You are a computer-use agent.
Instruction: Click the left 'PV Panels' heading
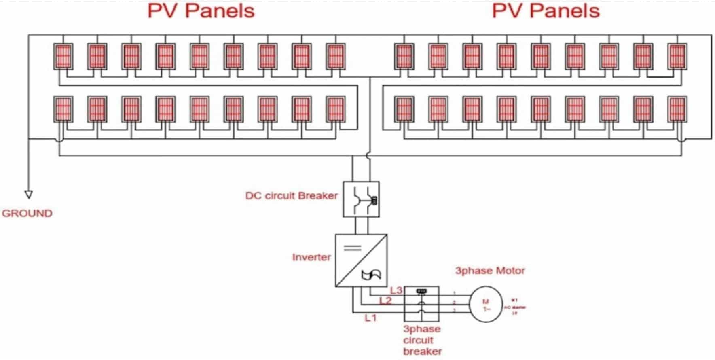click(201, 11)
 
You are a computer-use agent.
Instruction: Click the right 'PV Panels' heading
click(546, 11)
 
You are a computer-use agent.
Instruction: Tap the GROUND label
click(27, 213)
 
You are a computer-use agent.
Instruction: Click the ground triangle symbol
click(28, 195)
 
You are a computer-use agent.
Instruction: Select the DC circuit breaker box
click(361, 199)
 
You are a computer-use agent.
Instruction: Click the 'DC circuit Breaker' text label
click(291, 196)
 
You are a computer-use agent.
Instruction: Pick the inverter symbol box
click(361, 260)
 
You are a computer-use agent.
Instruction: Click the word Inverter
click(311, 257)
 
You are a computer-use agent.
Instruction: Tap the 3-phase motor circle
click(486, 304)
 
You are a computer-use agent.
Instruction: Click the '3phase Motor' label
click(490, 271)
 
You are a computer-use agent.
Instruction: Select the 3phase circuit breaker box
click(422, 304)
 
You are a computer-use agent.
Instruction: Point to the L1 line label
click(370, 318)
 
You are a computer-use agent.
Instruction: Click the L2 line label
click(385, 301)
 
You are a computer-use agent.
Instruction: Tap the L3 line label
click(396, 290)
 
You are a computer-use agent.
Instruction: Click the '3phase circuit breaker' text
click(422, 340)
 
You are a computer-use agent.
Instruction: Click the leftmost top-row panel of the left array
click(63, 57)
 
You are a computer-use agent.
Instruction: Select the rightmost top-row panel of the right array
click(677, 57)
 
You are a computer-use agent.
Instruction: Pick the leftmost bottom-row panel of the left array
click(63, 109)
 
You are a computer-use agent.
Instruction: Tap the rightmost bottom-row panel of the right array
click(677, 109)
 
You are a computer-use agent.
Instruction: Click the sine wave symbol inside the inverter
click(371, 275)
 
